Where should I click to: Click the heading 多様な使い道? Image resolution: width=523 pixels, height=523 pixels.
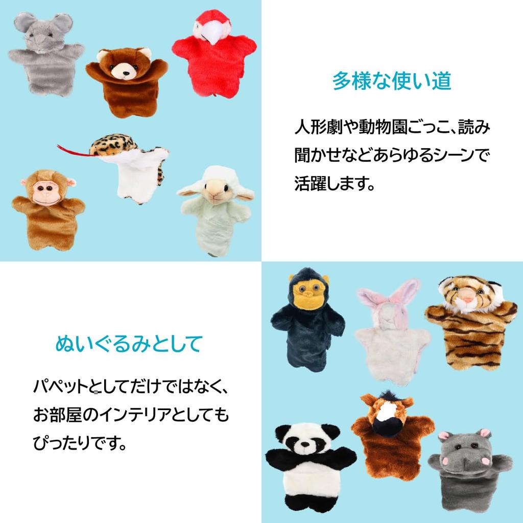[x=392, y=81]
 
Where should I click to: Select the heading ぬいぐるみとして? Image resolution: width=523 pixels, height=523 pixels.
[x=128, y=344]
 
